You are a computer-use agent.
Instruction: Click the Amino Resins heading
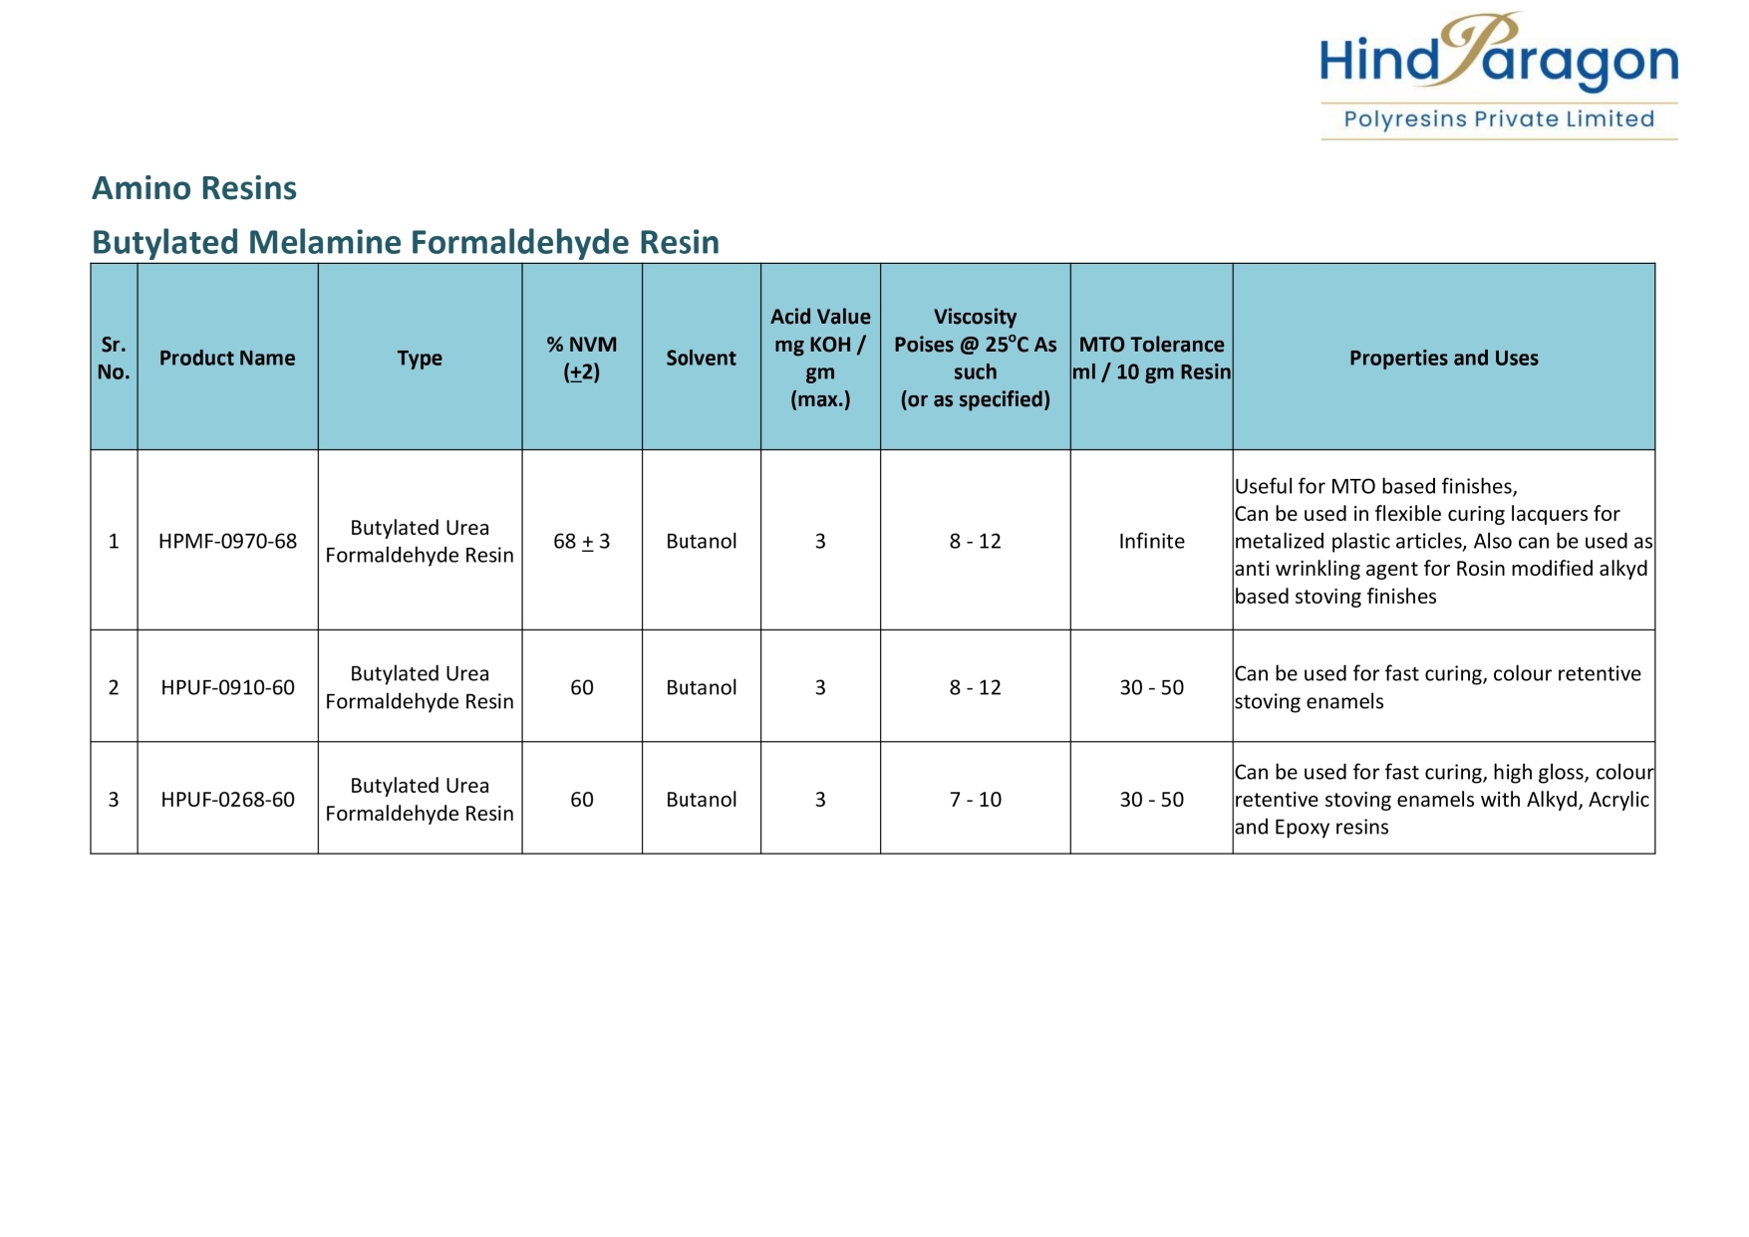coord(194,188)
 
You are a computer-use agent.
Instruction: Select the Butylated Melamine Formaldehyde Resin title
coord(405,242)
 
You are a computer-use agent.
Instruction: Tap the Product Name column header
coord(227,358)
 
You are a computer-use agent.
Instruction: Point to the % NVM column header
coord(581,358)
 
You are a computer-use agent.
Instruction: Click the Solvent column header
coord(701,358)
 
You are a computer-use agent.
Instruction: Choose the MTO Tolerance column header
coord(1151,358)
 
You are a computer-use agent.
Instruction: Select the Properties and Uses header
coord(1443,358)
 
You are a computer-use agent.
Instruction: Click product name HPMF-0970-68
coord(227,541)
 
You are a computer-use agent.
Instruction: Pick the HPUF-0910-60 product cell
coord(227,687)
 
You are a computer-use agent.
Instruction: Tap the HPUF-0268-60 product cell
coord(227,799)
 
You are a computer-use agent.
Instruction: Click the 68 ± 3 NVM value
coord(581,541)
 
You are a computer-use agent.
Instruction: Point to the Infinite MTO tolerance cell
coord(1151,541)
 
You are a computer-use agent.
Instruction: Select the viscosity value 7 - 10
coord(975,799)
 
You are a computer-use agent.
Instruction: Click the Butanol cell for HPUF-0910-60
coord(701,687)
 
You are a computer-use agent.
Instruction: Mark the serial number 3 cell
coord(114,799)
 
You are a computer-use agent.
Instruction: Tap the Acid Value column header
coord(820,358)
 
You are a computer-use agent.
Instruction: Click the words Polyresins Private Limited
coord(1498,120)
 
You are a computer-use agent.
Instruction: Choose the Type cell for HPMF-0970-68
coord(420,541)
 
